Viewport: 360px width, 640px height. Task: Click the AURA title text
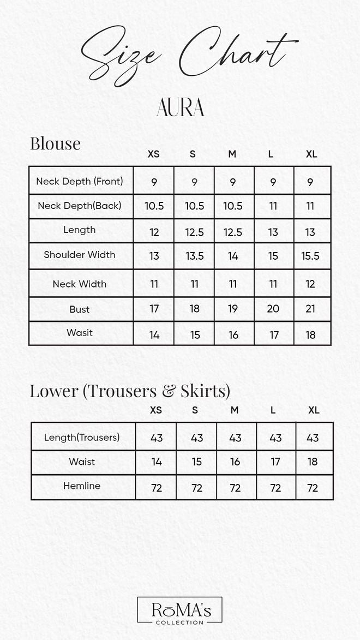[180, 108]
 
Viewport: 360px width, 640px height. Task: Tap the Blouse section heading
[55, 143]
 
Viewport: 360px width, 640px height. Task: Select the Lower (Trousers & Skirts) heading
[130, 391]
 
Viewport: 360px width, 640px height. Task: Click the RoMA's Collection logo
[179, 611]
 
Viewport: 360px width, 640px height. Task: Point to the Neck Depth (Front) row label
[80, 181]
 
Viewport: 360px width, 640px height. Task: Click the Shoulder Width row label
[80, 255]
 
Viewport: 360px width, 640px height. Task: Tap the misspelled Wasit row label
[80, 333]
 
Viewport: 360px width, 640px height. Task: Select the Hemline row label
[82, 486]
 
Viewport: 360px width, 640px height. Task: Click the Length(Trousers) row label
[82, 437]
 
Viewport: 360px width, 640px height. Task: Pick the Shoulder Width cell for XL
[310, 256]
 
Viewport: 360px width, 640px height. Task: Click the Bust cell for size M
[233, 309]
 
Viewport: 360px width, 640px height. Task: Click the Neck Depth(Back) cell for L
[273, 206]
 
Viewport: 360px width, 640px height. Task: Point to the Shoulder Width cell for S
[194, 256]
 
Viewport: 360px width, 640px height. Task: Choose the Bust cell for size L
[273, 309]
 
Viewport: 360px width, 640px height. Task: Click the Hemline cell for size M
[235, 488]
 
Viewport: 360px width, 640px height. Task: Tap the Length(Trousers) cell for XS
[157, 438]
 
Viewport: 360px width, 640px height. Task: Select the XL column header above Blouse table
[311, 154]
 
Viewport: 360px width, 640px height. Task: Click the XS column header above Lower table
[156, 410]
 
